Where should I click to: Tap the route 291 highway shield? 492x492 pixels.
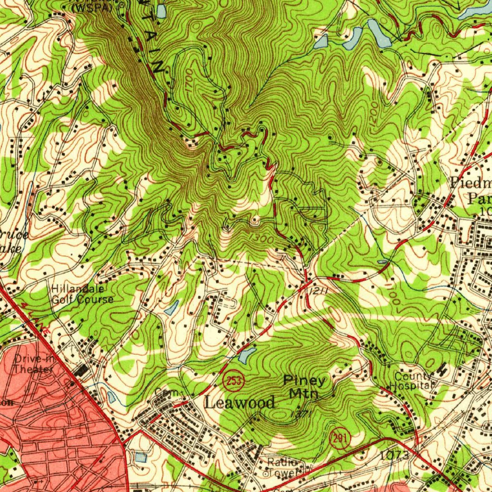point(340,439)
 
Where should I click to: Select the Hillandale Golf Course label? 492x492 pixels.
point(83,294)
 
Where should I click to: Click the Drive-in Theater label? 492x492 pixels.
point(33,364)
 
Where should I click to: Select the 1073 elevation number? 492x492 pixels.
point(394,454)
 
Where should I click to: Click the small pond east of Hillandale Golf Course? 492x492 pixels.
point(172,307)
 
